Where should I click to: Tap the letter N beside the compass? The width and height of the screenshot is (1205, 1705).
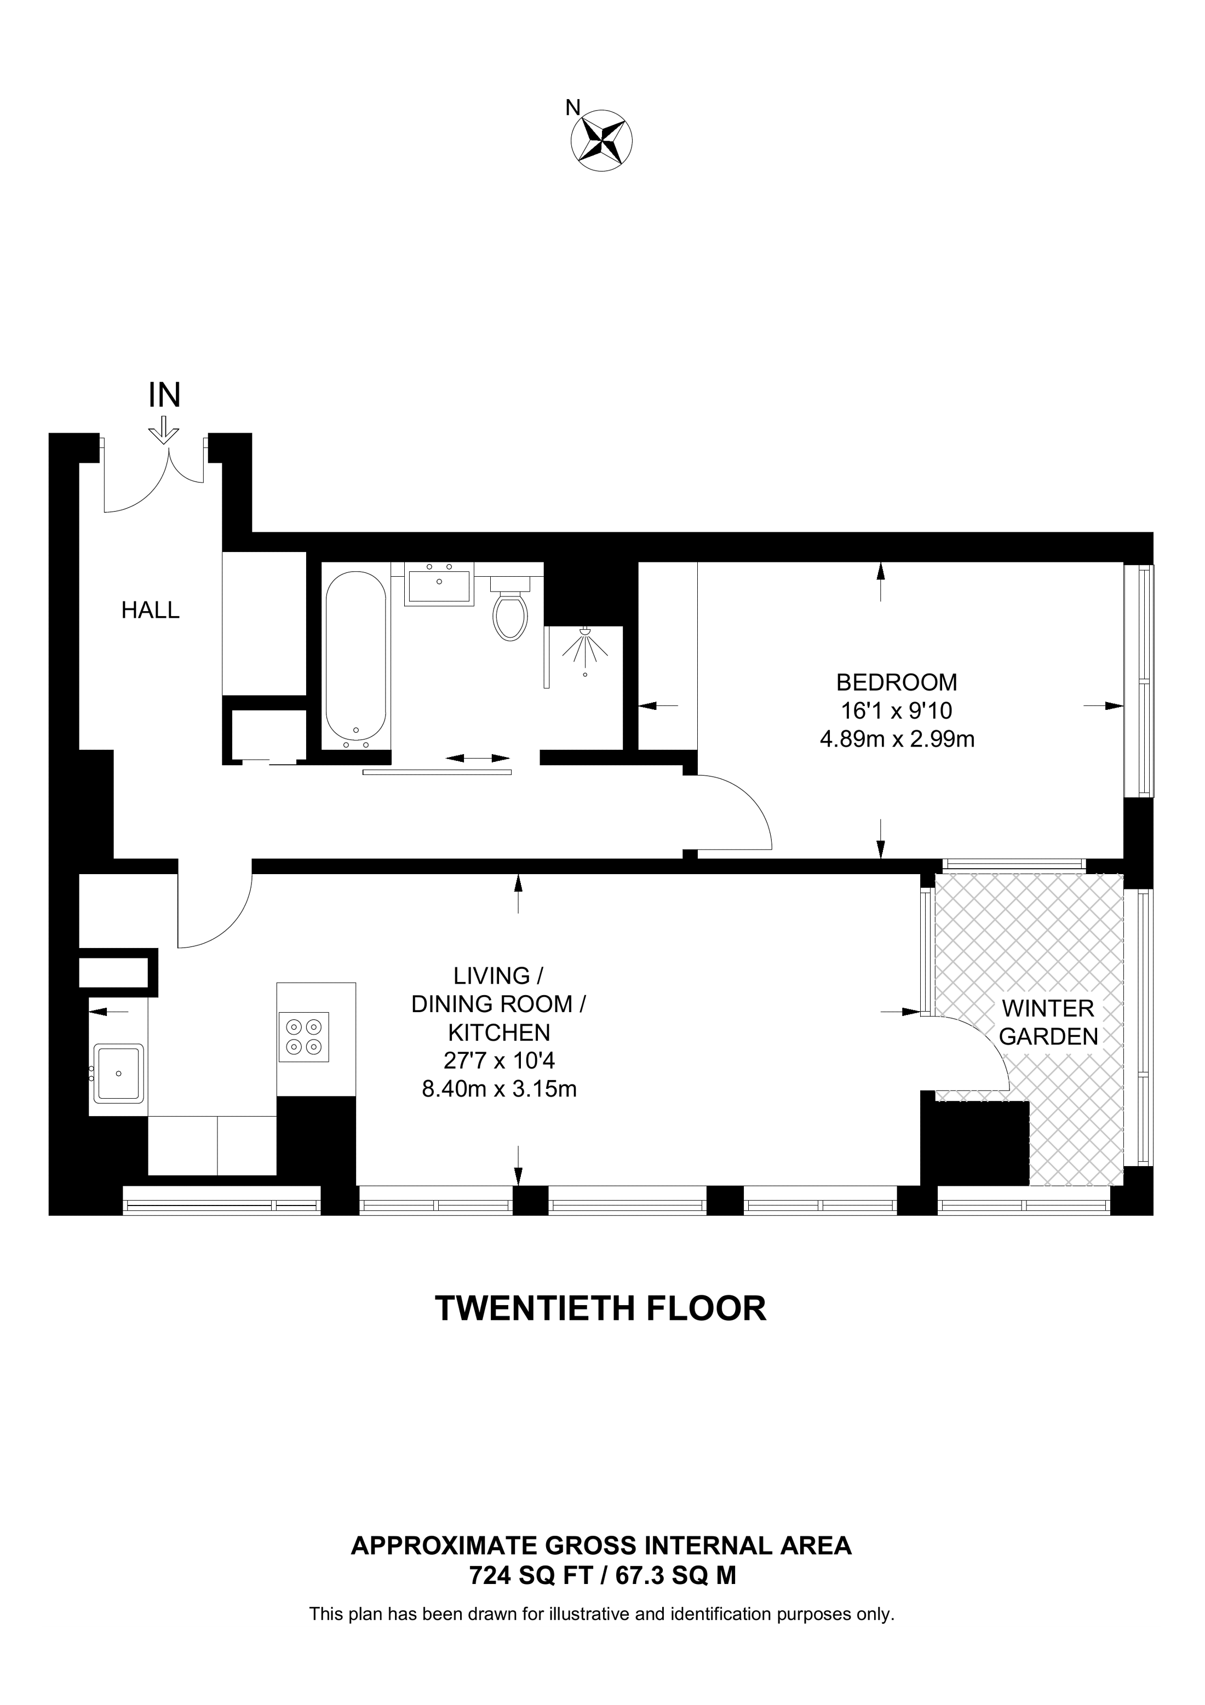click(572, 108)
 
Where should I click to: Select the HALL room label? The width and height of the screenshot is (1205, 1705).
click(151, 610)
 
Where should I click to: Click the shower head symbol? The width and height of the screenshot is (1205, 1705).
click(585, 646)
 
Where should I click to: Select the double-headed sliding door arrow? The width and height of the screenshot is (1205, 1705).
click(478, 758)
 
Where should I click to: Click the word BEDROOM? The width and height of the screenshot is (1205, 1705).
click(896, 682)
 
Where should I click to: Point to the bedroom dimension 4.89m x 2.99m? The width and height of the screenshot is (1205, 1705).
click(897, 739)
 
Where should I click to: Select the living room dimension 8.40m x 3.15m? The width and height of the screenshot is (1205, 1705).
click(499, 1089)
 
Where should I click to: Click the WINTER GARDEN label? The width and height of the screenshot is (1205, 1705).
click(1048, 1023)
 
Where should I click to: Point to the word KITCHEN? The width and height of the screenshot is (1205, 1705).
click(499, 1032)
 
